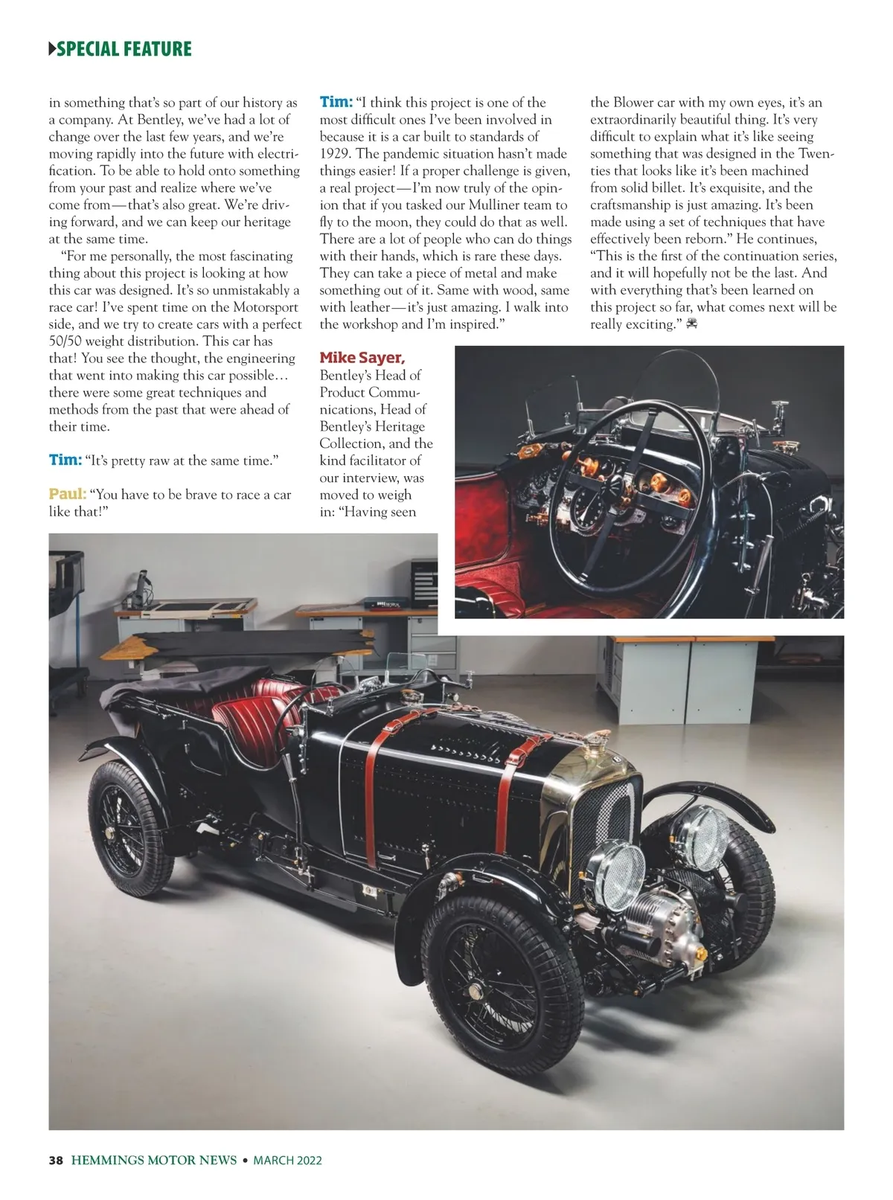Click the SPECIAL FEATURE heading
point(124,49)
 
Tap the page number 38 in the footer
point(55,1160)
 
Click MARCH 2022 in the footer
point(287,1160)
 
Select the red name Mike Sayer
point(362,358)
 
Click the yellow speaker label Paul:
point(67,494)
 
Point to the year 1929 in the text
point(336,154)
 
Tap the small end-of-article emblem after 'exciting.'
point(691,324)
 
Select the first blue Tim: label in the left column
point(65,460)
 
